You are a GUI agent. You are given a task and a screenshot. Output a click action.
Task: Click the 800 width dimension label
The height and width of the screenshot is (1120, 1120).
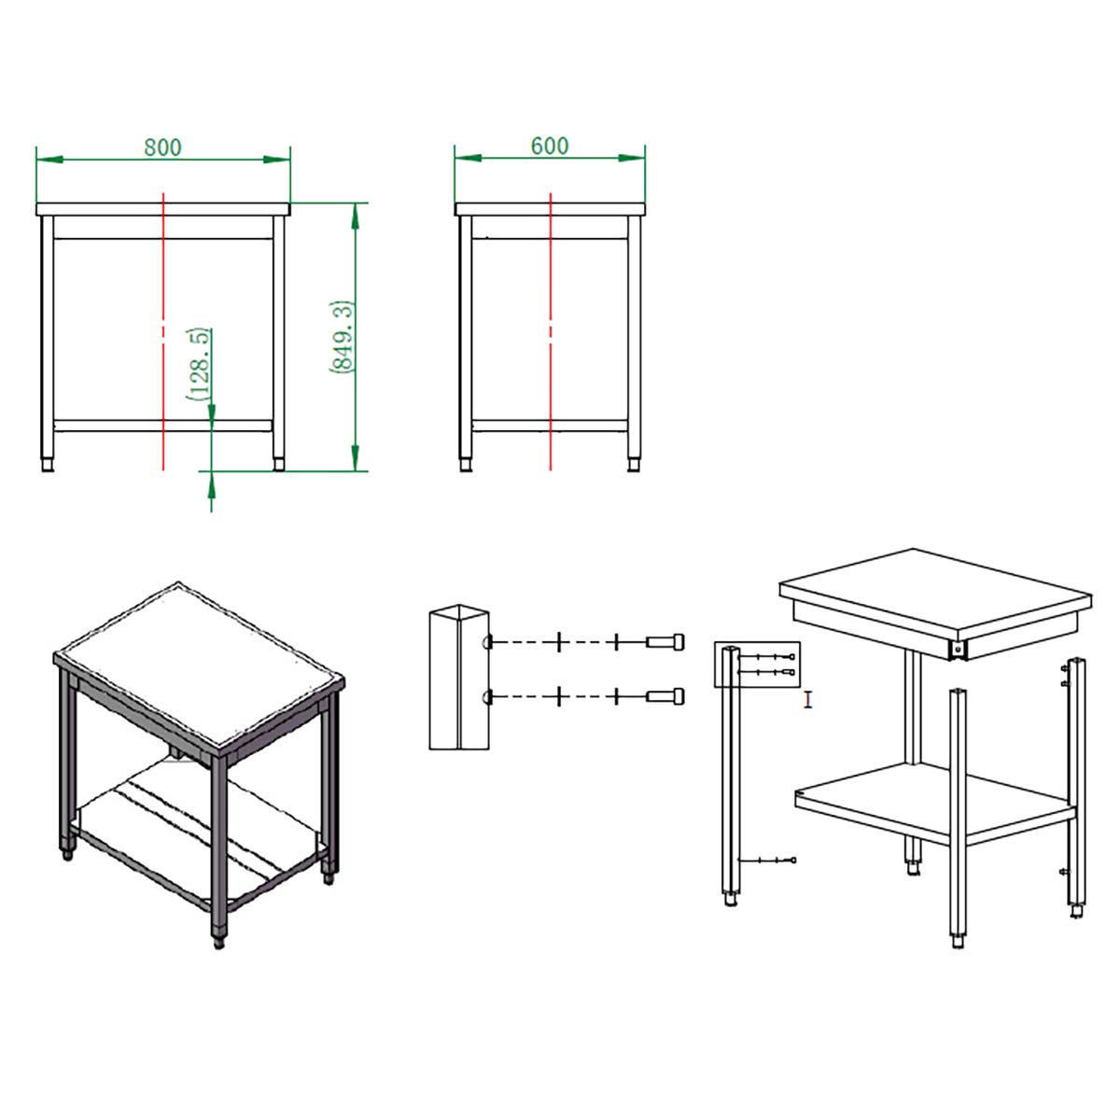[x=162, y=147]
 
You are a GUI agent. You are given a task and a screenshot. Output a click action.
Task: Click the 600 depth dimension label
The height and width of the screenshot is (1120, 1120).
[x=549, y=146]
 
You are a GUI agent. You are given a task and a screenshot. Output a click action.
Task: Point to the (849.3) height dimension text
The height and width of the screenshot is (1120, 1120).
[x=342, y=337]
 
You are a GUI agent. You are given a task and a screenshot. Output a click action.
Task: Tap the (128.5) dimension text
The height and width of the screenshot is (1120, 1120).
[x=199, y=364]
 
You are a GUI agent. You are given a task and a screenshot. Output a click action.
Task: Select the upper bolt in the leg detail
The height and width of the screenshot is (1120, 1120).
[x=665, y=641]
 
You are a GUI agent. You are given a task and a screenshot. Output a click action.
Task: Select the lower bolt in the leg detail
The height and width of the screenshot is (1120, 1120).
[x=665, y=695]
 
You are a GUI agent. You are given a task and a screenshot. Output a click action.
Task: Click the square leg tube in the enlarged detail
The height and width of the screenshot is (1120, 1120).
[x=458, y=677]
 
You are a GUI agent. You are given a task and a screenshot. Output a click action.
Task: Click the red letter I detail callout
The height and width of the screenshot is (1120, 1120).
[x=807, y=700]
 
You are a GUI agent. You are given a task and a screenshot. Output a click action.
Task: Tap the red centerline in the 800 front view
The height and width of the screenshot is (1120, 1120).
[x=164, y=331]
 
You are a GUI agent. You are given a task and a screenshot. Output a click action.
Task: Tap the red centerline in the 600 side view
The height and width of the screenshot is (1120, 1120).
[x=550, y=331]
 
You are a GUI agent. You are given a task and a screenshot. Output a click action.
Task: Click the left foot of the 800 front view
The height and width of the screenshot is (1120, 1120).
[x=48, y=465]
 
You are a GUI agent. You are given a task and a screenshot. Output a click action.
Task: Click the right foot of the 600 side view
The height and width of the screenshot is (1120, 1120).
[x=634, y=465]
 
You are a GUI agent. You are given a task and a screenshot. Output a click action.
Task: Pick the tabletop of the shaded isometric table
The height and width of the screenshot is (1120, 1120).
[x=199, y=665]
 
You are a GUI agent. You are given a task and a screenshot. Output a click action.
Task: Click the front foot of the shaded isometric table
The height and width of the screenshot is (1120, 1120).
[x=219, y=941]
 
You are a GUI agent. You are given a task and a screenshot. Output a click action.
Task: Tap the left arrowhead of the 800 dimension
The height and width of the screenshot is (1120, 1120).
[x=49, y=160]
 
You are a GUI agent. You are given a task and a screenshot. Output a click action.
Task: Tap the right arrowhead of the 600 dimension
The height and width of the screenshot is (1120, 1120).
[x=632, y=158]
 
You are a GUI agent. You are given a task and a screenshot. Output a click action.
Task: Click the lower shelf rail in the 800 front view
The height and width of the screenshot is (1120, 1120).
[x=163, y=426]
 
